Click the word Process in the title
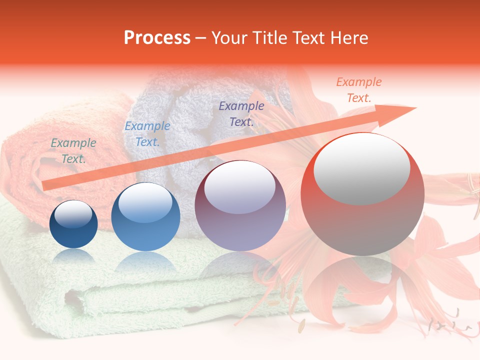point(157,37)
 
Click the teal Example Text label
point(73,151)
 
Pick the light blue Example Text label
point(147,134)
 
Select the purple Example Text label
point(241,113)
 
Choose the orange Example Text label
point(358,90)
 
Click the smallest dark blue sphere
point(73,224)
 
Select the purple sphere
point(240,205)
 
